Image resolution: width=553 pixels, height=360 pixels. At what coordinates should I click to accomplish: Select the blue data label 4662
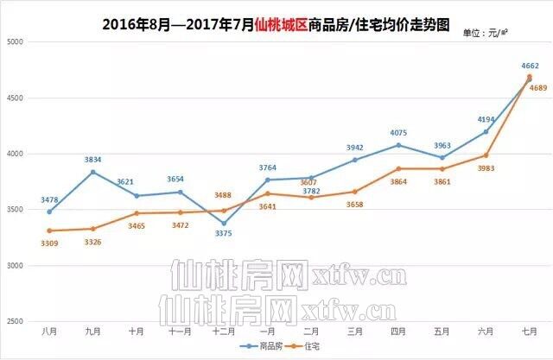(x=531, y=65)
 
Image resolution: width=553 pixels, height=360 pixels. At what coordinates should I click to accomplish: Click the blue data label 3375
(x=222, y=232)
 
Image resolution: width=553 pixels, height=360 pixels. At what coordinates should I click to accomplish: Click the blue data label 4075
(x=398, y=133)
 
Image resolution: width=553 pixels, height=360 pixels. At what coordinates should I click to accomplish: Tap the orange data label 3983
(x=487, y=168)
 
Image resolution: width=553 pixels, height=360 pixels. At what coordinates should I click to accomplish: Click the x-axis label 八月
(x=49, y=332)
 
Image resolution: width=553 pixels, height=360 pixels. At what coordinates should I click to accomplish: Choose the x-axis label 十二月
(x=223, y=332)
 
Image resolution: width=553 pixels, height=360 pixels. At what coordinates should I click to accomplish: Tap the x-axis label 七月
(x=530, y=332)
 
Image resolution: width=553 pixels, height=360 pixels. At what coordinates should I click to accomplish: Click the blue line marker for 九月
(x=92, y=172)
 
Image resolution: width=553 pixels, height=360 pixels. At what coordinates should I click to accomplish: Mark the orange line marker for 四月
(x=398, y=168)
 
